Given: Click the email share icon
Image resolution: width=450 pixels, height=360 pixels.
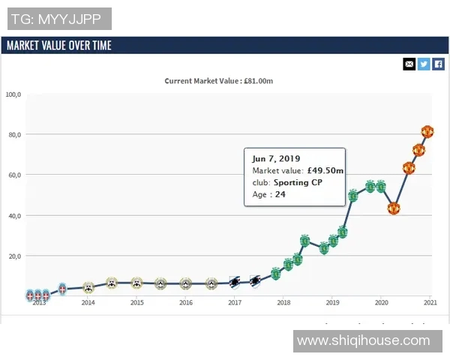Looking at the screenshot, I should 409,64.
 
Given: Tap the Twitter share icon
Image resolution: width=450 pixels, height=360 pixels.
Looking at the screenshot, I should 424,64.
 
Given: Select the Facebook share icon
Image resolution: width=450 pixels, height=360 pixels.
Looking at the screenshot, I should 439,64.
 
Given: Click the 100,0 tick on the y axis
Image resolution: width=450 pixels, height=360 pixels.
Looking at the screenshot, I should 14,94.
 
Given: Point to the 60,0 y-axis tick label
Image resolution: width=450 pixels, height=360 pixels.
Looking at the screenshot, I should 16,175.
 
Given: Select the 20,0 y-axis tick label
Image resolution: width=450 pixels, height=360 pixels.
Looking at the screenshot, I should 16,256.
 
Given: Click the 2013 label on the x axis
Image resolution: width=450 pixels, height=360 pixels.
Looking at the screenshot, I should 39,303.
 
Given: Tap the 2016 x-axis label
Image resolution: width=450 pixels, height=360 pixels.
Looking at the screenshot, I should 186,303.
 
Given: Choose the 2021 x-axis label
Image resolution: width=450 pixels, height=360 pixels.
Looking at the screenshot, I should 430,303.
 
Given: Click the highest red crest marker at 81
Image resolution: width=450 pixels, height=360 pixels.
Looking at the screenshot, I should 427,132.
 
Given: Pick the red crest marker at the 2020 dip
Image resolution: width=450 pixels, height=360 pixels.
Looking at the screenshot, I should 393,208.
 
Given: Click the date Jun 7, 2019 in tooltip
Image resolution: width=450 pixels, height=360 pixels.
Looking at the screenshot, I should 276,159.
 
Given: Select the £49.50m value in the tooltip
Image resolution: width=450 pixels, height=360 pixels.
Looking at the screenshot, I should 325,171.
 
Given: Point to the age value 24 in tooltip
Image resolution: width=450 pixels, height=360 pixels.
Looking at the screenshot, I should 280,194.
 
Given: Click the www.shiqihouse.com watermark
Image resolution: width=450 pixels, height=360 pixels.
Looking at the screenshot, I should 363,341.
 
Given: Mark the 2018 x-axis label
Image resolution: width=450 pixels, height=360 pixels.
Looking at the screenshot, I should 283,303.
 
